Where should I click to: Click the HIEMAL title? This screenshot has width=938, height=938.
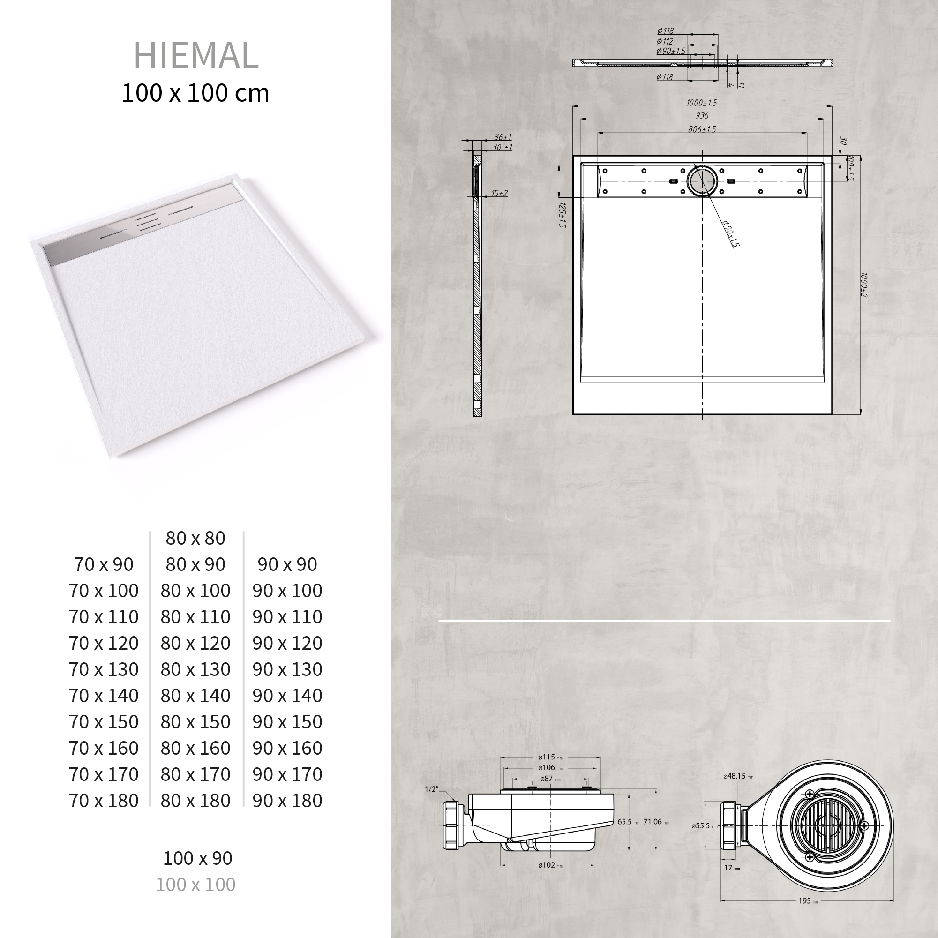coord(195,56)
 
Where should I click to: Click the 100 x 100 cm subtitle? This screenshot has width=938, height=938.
coord(195,93)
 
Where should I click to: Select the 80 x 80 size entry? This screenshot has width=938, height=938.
coord(195,538)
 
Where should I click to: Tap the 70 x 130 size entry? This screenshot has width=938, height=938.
coord(104,669)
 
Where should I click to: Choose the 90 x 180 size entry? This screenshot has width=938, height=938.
coord(287,801)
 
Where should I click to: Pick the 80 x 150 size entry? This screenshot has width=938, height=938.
coord(195,722)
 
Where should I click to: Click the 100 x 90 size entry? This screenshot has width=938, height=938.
coord(198,858)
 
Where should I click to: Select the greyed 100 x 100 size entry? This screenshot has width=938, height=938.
coord(195,884)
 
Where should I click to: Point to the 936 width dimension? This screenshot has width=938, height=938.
coord(702,115)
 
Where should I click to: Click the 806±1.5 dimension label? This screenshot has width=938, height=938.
coord(702,129)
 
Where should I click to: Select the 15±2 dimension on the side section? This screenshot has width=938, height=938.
coord(499,193)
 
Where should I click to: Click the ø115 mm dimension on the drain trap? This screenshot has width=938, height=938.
coord(549,757)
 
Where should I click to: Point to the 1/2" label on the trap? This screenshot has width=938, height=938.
coord(432,789)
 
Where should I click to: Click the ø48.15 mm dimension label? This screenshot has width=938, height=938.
coord(738,776)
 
